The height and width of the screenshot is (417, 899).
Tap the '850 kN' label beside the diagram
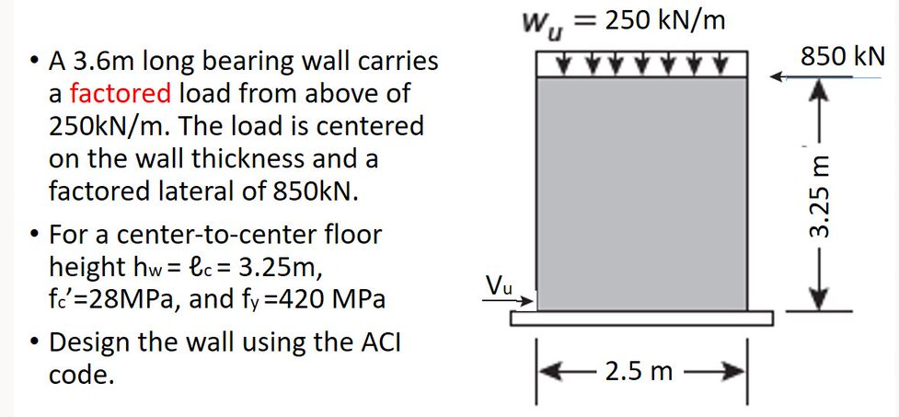coord(842,56)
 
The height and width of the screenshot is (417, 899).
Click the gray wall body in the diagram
coord(641,193)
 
